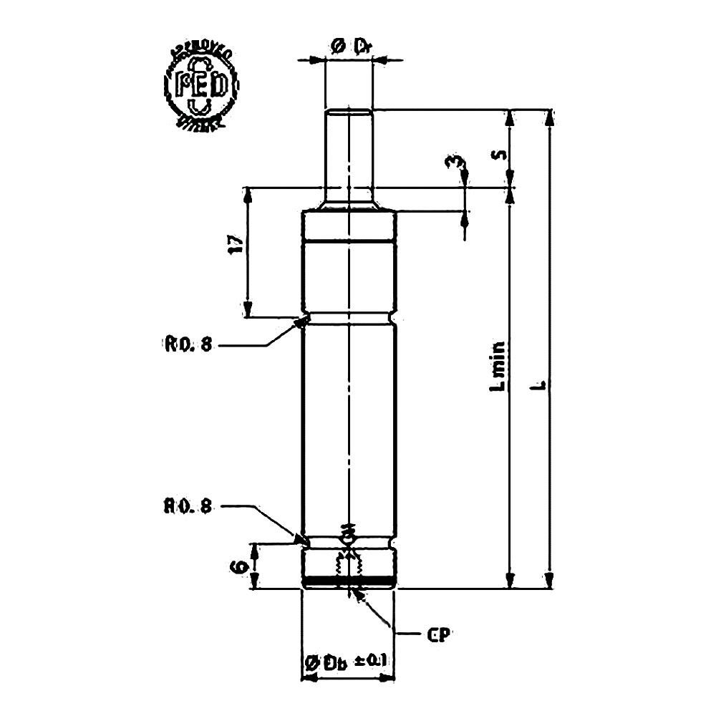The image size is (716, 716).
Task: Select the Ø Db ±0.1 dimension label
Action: pyautogui.click(x=347, y=662)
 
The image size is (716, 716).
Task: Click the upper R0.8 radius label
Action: pyautogui.click(x=188, y=345)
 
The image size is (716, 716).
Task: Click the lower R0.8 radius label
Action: pyautogui.click(x=188, y=506)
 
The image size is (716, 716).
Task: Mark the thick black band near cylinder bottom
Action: pyautogui.click(x=349, y=579)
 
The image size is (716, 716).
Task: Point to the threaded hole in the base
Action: pyautogui.click(x=349, y=566)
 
